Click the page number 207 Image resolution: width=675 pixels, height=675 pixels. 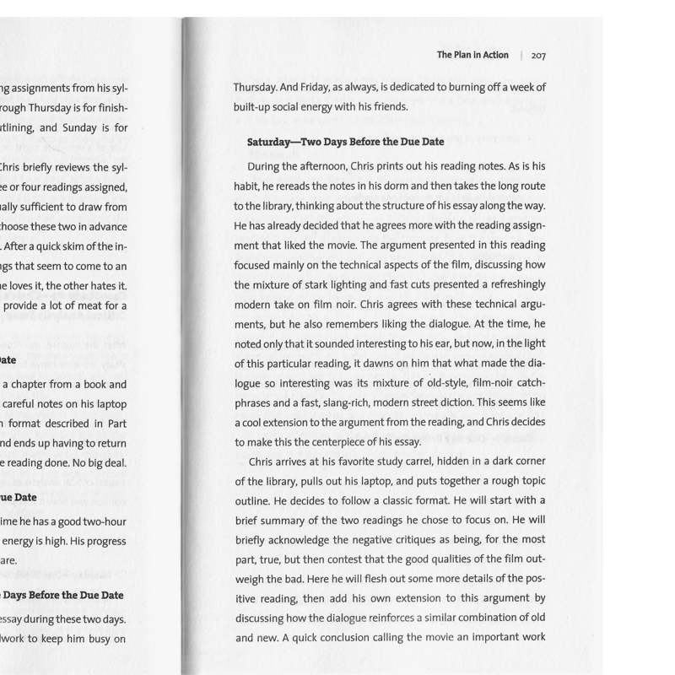pos(539,56)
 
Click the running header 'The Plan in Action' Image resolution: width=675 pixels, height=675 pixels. pos(472,56)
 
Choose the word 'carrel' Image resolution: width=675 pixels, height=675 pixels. pos(430,461)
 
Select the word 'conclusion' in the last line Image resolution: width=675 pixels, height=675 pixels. pos(344,637)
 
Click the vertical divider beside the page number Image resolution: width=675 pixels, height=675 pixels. pos(521,56)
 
